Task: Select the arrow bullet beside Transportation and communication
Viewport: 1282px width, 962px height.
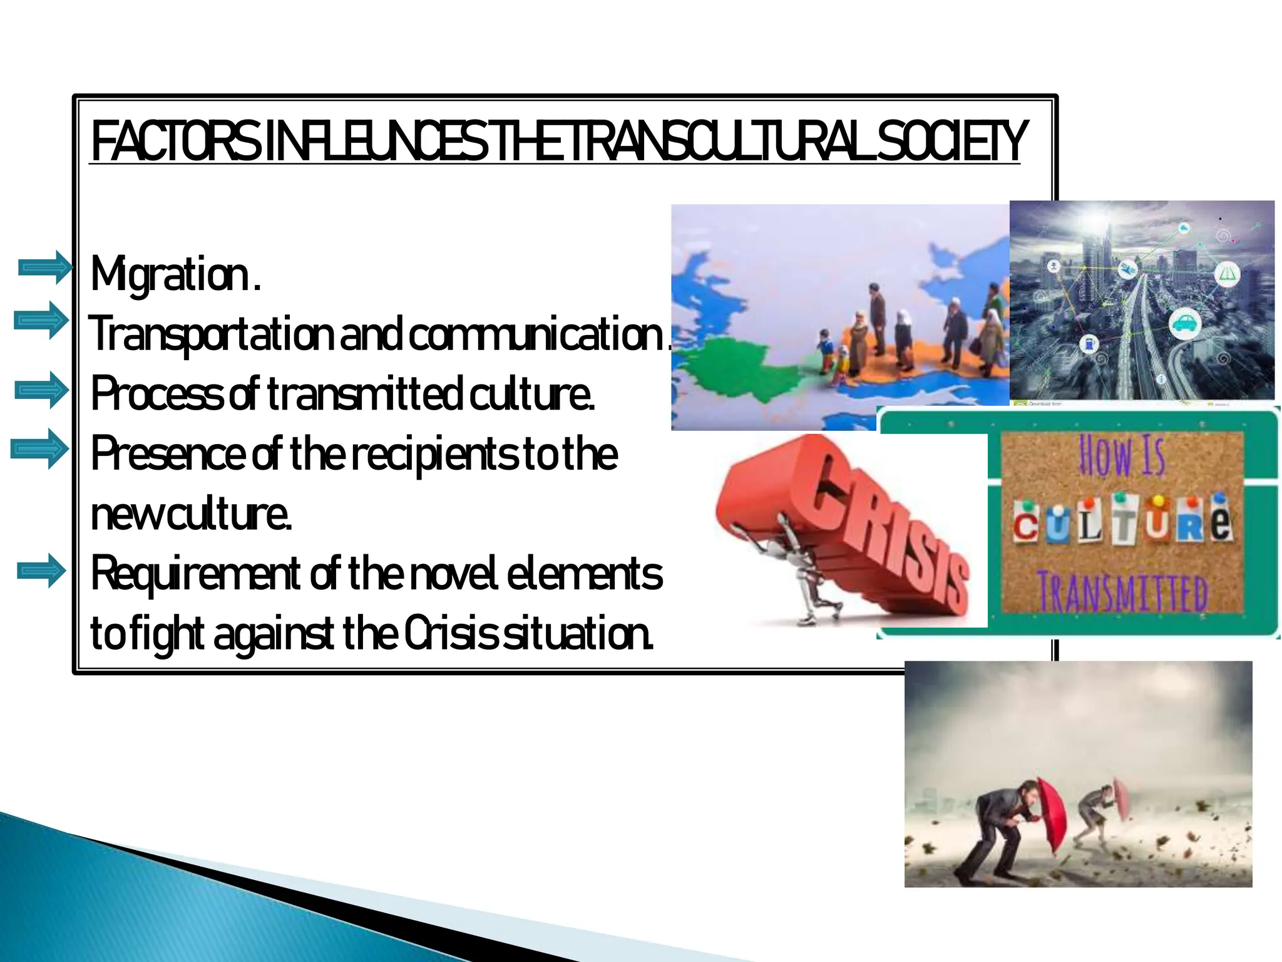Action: coord(42,321)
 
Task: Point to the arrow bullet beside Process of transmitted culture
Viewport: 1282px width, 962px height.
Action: coord(42,390)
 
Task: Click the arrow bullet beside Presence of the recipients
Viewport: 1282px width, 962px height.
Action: coord(39,449)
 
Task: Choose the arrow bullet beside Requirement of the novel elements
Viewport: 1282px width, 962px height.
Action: coord(42,571)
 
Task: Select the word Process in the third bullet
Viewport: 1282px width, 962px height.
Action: coord(156,394)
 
